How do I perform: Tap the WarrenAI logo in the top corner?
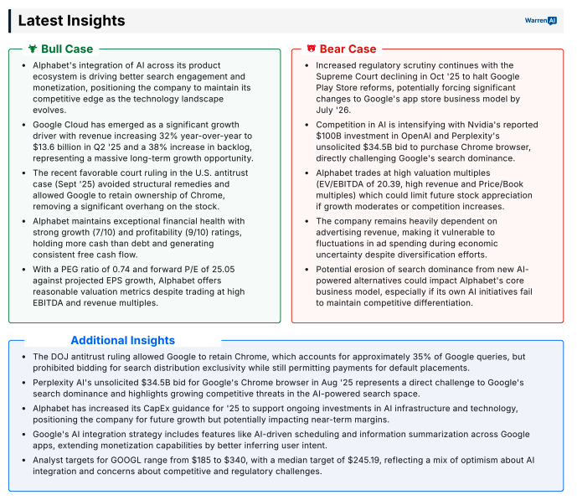point(540,20)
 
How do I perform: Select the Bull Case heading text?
point(67,49)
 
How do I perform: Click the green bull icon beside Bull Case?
point(32,49)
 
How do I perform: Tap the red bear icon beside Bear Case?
point(312,49)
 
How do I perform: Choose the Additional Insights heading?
point(122,340)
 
